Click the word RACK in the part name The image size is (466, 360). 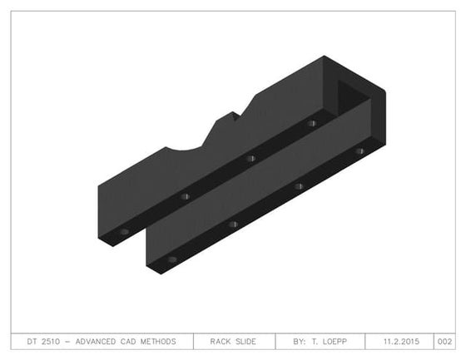(221, 342)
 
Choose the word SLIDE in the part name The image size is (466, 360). (245, 342)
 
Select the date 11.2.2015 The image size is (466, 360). (403, 342)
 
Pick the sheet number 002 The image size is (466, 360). (445, 342)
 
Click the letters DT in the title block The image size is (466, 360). (32, 342)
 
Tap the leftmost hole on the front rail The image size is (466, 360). (172, 259)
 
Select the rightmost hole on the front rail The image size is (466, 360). (359, 151)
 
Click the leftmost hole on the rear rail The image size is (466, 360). (124, 231)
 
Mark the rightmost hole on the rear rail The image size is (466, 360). (311, 123)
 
